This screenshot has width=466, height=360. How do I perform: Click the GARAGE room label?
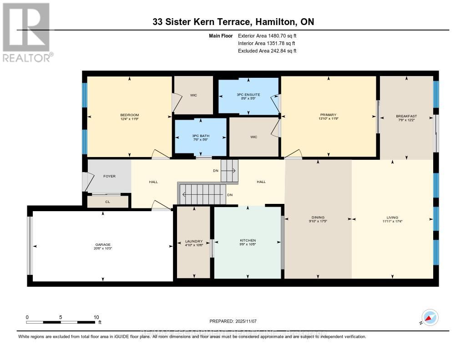103,244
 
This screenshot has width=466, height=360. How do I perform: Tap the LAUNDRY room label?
194,241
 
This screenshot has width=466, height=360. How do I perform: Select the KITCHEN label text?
248,240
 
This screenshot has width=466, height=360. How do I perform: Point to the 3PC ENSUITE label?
248,94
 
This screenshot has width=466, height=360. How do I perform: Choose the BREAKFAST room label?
406,117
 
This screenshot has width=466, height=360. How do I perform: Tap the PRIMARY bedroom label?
328,115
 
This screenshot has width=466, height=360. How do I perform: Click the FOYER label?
109,176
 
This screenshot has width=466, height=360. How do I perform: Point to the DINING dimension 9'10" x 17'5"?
318,222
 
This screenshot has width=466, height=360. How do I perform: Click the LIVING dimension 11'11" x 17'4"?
392,222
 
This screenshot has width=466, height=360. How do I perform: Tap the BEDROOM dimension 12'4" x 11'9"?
129,119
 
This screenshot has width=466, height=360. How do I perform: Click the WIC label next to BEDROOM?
193,95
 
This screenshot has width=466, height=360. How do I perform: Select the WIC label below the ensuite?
254,137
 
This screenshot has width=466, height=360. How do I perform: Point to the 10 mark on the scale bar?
96,317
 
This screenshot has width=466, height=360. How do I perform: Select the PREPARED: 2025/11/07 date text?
235,321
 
